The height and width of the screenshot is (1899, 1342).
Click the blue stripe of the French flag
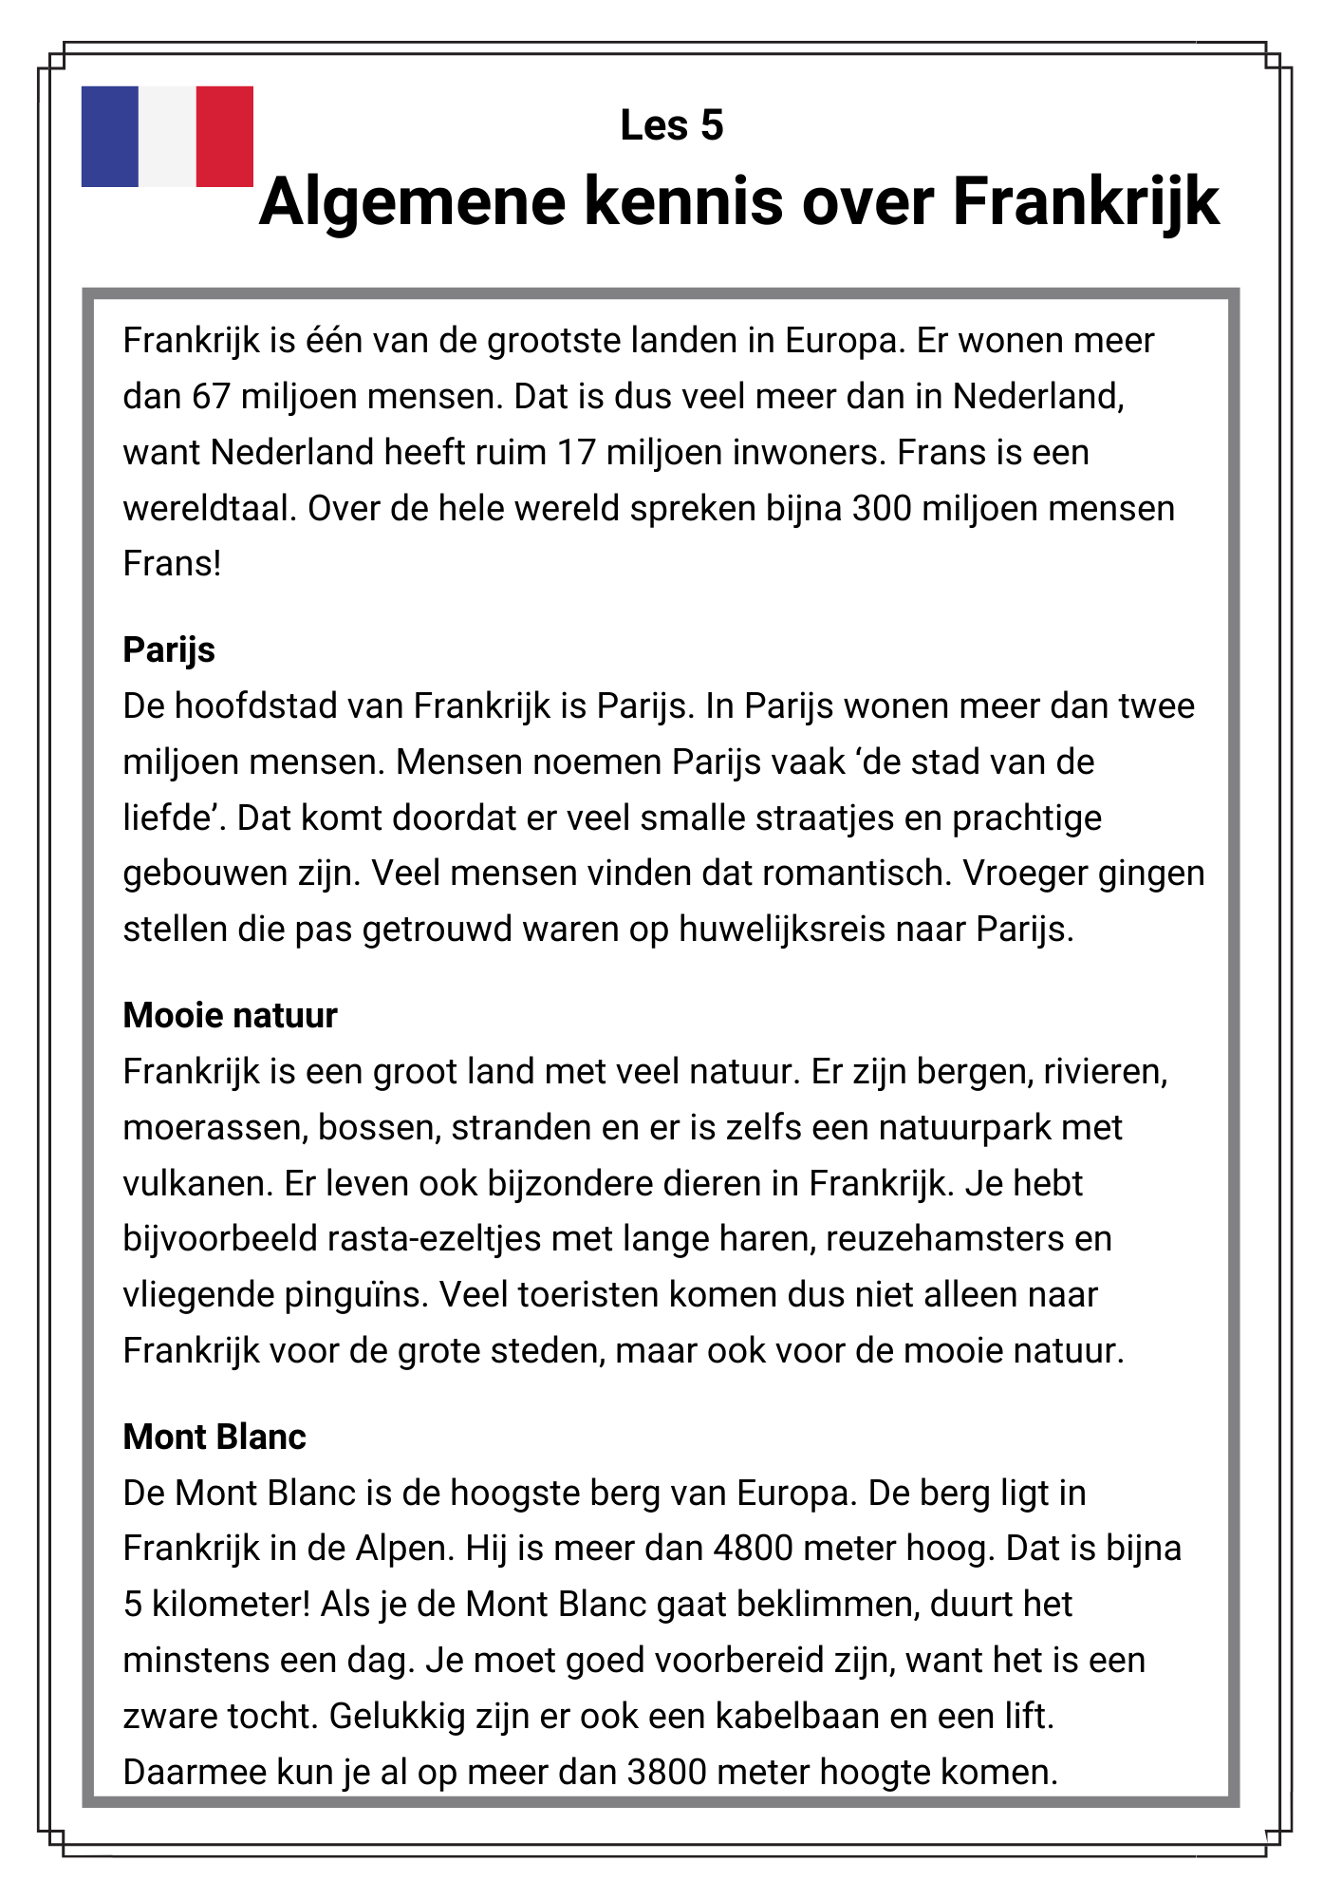coord(110,136)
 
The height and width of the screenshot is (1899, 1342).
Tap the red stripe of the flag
coord(225,136)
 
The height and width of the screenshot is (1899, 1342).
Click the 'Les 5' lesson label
coord(671,125)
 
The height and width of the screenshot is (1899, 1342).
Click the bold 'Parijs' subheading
coord(169,650)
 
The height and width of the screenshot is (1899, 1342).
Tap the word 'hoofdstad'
coord(255,706)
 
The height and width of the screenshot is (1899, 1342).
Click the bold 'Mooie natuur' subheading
coord(230,1016)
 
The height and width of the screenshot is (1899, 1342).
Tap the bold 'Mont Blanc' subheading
coord(214,1438)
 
